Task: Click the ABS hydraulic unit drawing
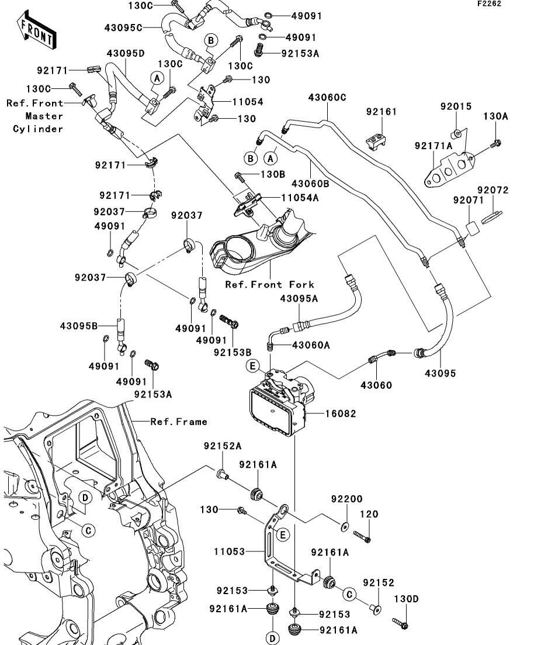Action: (x=280, y=403)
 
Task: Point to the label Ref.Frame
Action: (x=178, y=422)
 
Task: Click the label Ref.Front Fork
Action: (x=270, y=285)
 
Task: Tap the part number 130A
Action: (x=495, y=116)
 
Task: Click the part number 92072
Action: (x=493, y=190)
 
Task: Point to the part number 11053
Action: (x=229, y=551)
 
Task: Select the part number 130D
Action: (x=406, y=599)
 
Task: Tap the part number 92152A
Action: (x=223, y=446)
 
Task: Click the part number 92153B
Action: (x=233, y=353)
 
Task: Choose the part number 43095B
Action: (x=78, y=326)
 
